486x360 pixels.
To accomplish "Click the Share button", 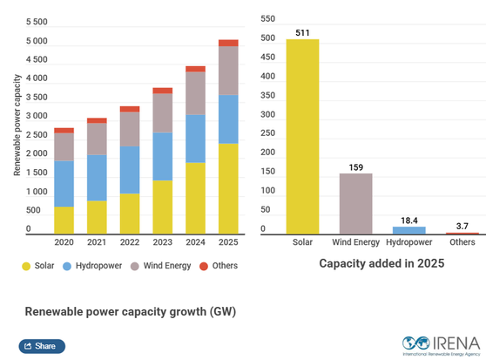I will point(42,346).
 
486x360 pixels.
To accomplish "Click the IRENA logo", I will point(437,344).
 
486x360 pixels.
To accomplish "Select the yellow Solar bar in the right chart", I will point(302,136).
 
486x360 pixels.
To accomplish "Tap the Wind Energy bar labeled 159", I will point(355,203).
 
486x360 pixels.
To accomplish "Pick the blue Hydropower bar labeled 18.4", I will point(408,230).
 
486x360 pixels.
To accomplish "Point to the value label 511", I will point(302,33).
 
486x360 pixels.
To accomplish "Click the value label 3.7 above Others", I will point(462,226).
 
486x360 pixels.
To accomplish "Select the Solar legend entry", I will point(38,265).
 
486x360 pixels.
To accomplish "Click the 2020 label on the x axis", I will point(64,241).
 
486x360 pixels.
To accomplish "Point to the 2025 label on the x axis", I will point(228,241).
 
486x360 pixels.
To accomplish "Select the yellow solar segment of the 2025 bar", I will point(228,188).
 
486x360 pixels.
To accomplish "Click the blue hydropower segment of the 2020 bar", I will point(64,184).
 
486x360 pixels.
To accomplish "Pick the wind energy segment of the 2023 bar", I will point(163,112).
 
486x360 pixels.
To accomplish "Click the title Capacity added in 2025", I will point(381,262).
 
